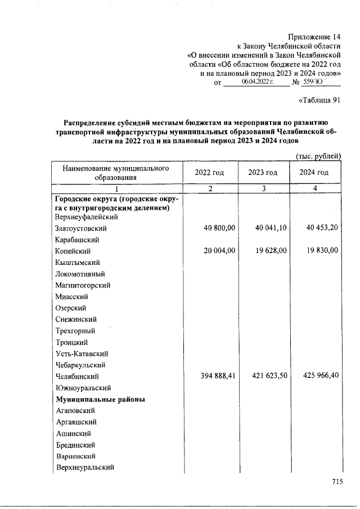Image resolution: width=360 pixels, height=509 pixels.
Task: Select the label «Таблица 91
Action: point(318,101)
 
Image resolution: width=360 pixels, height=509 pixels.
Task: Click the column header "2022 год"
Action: point(209,173)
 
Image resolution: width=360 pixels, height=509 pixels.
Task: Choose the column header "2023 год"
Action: point(263,173)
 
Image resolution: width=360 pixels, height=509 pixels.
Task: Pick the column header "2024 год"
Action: point(314,173)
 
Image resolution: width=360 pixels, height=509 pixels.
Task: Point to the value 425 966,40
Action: point(318,376)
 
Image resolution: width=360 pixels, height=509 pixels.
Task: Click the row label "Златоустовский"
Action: point(81,229)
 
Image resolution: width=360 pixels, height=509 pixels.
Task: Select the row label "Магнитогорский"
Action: point(83,286)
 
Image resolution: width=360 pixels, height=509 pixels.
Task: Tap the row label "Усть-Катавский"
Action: point(82,354)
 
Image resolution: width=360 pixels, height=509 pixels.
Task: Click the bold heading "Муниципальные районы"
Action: point(100,399)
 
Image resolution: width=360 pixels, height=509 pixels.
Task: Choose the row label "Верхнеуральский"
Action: point(85,467)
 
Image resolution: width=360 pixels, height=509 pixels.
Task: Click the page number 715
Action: point(337,481)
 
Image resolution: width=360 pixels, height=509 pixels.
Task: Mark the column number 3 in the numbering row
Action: point(263,188)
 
